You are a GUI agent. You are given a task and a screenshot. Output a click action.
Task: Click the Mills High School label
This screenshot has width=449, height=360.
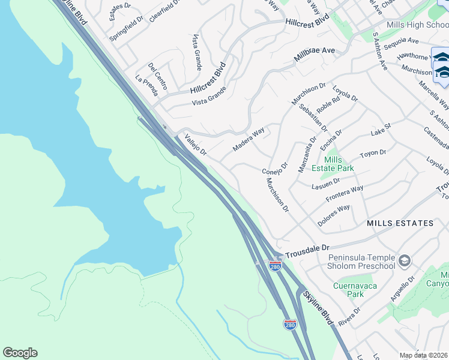click(418, 25)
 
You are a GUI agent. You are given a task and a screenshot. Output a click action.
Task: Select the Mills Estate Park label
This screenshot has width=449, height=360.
click(341, 164)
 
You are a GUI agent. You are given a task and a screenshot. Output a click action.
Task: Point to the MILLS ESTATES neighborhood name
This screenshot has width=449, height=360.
click(400, 223)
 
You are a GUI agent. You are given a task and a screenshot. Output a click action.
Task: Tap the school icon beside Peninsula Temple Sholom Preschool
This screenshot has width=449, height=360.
click(404, 260)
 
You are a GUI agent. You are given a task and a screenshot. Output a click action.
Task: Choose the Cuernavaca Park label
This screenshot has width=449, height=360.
click(355, 290)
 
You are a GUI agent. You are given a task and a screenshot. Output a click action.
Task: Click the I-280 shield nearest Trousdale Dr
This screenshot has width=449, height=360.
click(275, 265)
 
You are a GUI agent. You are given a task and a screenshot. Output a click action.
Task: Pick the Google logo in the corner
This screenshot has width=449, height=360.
click(20, 353)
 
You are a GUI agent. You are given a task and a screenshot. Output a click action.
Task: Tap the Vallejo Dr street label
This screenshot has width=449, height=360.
click(196, 144)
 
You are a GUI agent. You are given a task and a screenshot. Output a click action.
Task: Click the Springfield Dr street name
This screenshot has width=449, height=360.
click(127, 28)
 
